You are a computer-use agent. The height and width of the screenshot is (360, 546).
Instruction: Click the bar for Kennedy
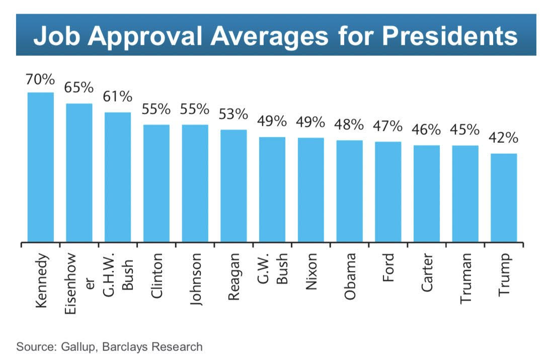[40, 167]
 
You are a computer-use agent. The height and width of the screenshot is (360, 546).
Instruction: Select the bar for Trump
[503, 198]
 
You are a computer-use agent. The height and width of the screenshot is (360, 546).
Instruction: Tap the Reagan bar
[233, 186]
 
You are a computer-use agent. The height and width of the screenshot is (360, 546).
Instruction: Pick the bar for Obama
[349, 191]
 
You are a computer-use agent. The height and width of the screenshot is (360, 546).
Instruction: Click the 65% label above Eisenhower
[79, 87]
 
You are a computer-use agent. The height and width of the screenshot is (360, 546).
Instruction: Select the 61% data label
[118, 96]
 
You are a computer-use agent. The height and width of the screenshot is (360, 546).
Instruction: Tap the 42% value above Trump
[503, 138]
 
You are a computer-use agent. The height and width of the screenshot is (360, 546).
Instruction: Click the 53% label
[233, 114]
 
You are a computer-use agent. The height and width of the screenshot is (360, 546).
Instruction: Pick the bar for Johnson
[195, 184]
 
